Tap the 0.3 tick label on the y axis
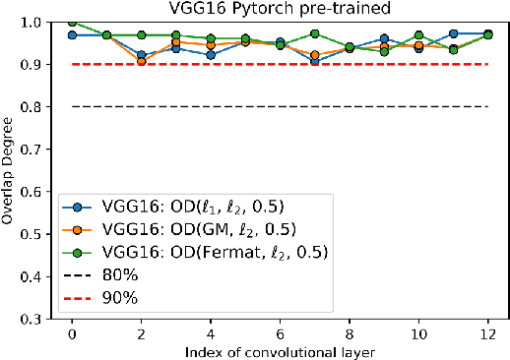click(x=38, y=319)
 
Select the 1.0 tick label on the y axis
click(x=38, y=22)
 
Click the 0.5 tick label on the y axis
click(x=38, y=234)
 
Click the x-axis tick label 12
click(x=489, y=333)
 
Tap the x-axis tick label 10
click(x=419, y=333)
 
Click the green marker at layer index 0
click(x=71, y=22)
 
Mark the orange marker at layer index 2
click(x=141, y=62)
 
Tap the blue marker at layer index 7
click(x=315, y=61)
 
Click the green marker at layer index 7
click(x=315, y=33)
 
